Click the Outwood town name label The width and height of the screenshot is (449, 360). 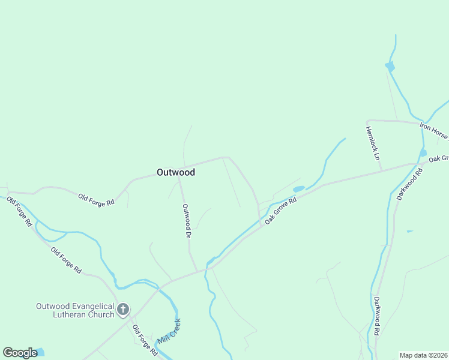pos(175,172)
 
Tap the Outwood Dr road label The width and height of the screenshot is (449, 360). pos(187,220)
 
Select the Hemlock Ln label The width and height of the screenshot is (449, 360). pos(373,143)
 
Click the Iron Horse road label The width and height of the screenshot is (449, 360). pos(433,130)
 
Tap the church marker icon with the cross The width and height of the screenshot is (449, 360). pos(123,310)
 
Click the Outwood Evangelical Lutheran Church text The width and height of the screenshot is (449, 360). pos(75,310)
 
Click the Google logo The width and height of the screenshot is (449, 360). pos(20,353)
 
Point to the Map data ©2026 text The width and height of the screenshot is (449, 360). pos(424,355)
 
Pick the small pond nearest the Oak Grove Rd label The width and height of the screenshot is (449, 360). pos(298,189)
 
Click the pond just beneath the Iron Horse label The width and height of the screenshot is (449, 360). pos(423,153)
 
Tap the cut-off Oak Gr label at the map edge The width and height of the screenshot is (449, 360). pos(438,159)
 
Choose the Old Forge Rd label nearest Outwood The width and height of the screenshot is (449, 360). pos(96,199)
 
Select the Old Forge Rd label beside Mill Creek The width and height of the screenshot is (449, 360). pos(145,340)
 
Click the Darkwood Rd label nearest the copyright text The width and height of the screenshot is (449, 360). pos(376,316)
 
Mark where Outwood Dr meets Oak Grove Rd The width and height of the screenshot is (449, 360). pos(196,271)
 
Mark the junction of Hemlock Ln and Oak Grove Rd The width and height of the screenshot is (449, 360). pos(382,171)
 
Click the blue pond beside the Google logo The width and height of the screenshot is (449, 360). pos(39,352)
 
